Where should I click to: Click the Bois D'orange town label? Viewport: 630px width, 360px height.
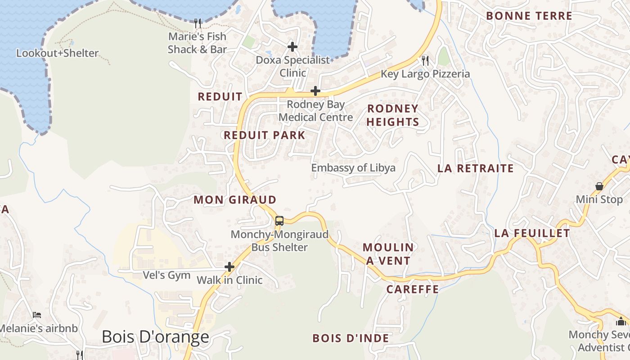pos(155,337)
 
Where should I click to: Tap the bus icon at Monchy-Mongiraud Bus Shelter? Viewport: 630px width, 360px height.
pos(279,220)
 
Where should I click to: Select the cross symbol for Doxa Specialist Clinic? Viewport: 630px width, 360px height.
pos(292,46)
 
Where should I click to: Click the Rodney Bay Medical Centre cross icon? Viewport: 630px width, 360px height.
pos(315,91)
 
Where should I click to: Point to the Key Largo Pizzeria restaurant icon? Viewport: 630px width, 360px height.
pos(425,60)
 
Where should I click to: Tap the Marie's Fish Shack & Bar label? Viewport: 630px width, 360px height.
pos(197,43)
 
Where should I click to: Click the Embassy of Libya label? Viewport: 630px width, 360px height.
pos(353,168)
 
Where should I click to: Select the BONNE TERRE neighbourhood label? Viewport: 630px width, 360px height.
pos(529,16)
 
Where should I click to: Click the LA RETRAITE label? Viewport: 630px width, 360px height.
pos(476,168)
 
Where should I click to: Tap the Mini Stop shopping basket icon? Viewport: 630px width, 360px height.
pos(599,186)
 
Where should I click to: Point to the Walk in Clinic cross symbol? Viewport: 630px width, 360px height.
pos(229,267)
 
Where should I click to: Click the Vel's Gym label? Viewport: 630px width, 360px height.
pos(166,275)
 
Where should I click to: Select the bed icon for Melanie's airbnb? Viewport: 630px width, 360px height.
pos(37,315)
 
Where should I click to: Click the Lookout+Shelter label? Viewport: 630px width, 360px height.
pos(57,53)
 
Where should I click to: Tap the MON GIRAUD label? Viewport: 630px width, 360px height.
pos(235,200)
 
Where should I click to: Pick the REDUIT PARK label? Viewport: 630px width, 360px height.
pos(265,135)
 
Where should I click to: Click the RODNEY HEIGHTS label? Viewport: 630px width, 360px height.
pos(393,115)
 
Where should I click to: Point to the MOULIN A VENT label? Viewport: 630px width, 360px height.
pos(388,254)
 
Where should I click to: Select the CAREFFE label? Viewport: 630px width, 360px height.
pos(413,289)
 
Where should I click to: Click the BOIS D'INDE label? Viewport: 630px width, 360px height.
pos(351,338)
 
